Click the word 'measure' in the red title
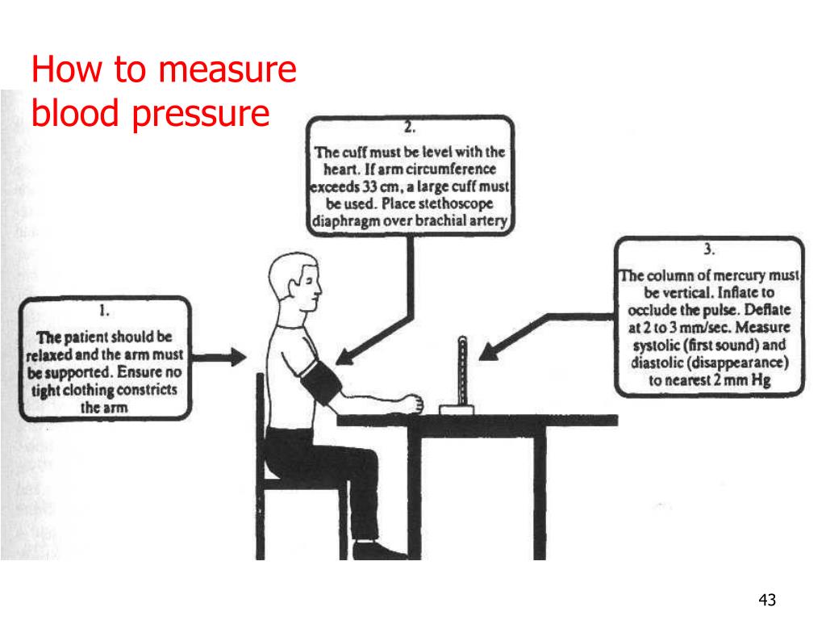[x=227, y=70]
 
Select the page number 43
[x=767, y=600]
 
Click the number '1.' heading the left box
[x=104, y=311]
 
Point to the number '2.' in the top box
[x=410, y=128]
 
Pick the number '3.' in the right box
[x=709, y=249]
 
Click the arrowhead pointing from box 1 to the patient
[x=238, y=357]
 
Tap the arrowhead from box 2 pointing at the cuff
[x=345, y=357]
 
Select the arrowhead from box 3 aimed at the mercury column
[x=490, y=351]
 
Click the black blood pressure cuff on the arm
[x=321, y=381]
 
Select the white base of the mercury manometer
[x=457, y=409]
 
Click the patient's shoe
[x=379, y=551]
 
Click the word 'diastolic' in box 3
[x=657, y=362]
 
